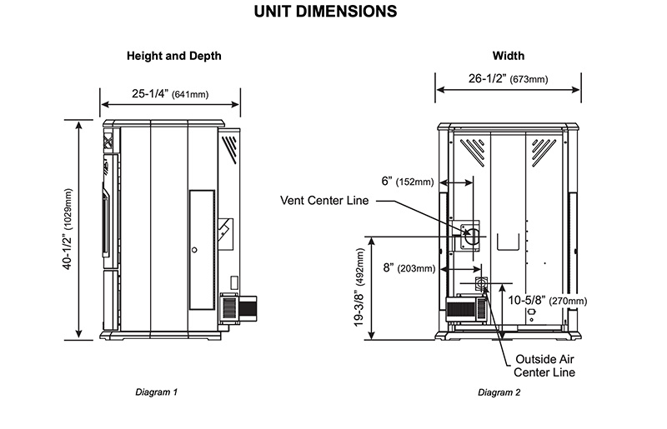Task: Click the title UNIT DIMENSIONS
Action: point(333,12)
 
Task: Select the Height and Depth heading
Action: point(173,57)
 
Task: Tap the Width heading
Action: point(509,57)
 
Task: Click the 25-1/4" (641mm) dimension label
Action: point(171,94)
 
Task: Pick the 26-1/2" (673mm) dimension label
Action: point(506,80)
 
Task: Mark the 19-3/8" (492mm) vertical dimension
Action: point(360,286)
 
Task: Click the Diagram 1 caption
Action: point(156,392)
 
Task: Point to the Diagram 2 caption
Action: point(499,392)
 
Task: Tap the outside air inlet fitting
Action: point(481,285)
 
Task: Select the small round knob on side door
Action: point(193,249)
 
